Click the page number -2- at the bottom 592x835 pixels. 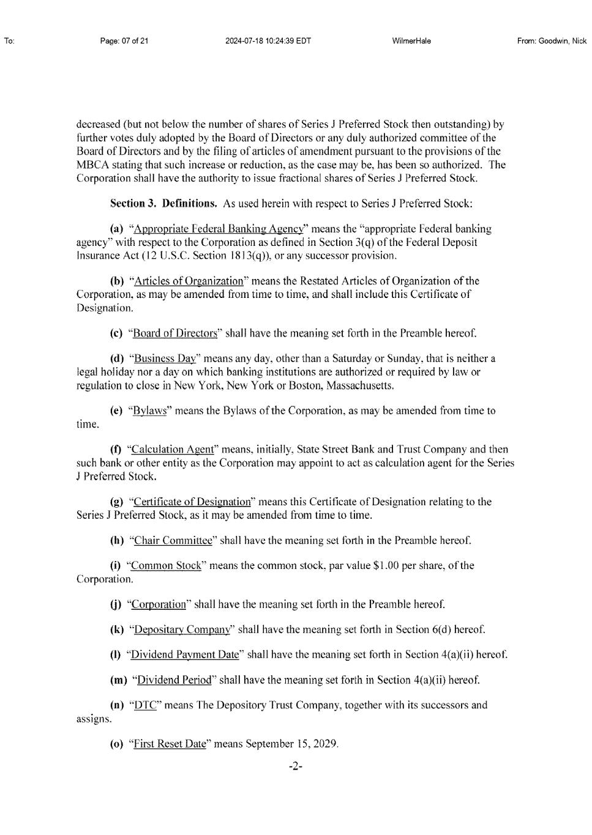(296, 766)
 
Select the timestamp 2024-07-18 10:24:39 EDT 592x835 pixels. (268, 41)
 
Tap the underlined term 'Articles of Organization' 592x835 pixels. (189, 281)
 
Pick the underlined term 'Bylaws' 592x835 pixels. (149, 411)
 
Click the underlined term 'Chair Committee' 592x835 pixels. (173, 541)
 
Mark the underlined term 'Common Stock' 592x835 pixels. (166, 566)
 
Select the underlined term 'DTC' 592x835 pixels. (146, 705)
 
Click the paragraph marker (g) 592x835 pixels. (116, 502)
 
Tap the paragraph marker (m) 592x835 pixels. (118, 680)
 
